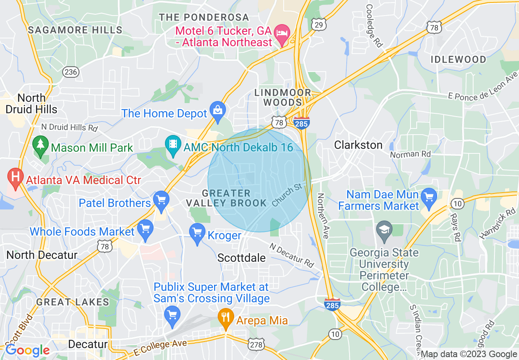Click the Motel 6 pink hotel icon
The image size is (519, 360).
(282, 32)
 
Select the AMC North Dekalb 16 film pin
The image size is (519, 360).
(174, 145)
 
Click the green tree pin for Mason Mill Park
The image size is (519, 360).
(40, 146)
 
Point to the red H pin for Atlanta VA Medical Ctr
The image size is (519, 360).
(16, 178)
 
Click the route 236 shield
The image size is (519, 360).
(70, 72)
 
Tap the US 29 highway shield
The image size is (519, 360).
(318, 25)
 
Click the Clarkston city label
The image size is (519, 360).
(358, 145)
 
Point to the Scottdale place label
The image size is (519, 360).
(241, 258)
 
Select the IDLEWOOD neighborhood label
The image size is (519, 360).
(458, 60)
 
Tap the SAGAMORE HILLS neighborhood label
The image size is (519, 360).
(75, 30)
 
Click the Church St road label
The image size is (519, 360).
(287, 195)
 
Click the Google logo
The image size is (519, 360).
(27, 350)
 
